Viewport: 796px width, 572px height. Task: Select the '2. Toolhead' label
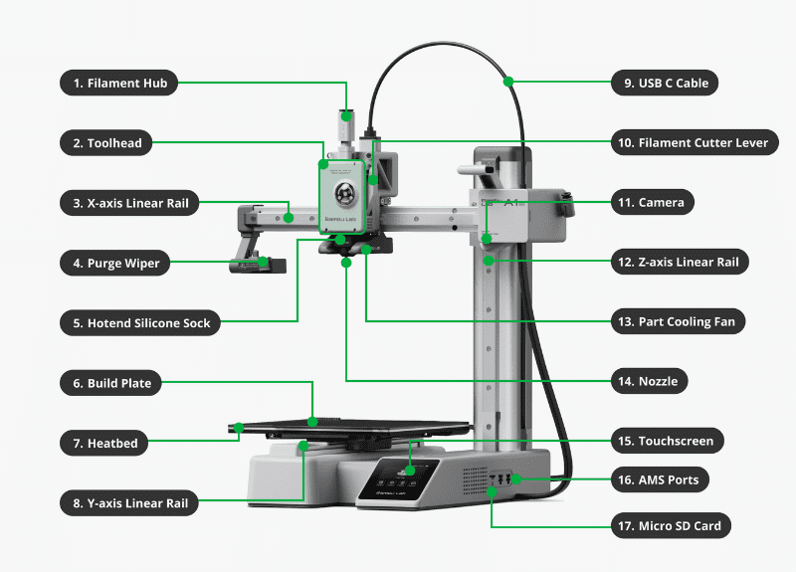click(x=107, y=143)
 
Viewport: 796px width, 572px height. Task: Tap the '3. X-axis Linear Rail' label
click(x=129, y=203)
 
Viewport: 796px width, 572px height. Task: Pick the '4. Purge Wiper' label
click(x=115, y=264)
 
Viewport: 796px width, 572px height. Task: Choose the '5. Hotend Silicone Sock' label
click(x=140, y=323)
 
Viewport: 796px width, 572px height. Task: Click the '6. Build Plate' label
click(x=111, y=383)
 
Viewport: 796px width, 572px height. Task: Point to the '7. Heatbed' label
click(x=105, y=443)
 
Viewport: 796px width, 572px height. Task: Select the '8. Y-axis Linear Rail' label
click(x=129, y=503)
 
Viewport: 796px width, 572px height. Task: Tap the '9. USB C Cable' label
click(x=666, y=84)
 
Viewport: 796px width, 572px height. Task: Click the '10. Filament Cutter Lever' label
click(x=693, y=143)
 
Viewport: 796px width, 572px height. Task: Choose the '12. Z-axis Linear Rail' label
click(x=678, y=263)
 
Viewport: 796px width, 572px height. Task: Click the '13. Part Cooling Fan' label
click(x=677, y=322)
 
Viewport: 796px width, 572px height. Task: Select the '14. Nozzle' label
click(x=650, y=381)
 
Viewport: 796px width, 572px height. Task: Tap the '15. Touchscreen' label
click(x=666, y=441)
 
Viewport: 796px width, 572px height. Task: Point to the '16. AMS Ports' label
click(x=661, y=479)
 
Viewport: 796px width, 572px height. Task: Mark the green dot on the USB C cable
click(x=508, y=80)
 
